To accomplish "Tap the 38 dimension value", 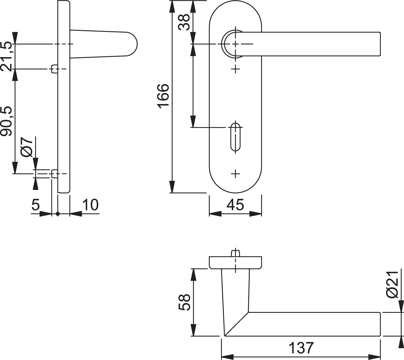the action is (x=184, y=22).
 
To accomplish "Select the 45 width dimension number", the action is (x=235, y=205).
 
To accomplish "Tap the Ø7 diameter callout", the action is (x=26, y=147).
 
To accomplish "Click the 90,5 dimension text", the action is (x=6, y=121).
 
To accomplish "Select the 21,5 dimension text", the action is (x=6, y=56).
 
